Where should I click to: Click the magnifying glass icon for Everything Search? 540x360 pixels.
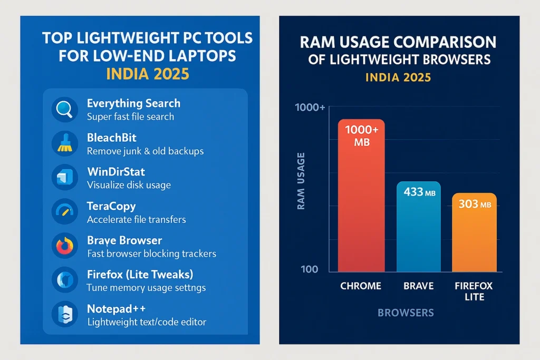point(65,109)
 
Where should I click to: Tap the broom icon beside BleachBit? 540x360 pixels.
point(65,143)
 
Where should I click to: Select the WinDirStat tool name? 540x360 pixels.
point(115,172)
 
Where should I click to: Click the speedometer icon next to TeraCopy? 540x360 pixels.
point(65,212)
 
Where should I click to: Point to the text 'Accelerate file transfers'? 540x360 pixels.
point(136,219)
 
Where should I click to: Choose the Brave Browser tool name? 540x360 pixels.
point(124,240)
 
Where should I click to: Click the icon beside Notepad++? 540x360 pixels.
point(65,315)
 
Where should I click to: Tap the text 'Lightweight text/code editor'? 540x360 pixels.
point(146,322)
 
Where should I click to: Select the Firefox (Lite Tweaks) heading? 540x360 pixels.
point(140,275)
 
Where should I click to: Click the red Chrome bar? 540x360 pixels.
point(361,211)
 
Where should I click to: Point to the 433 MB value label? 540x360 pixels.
point(418,193)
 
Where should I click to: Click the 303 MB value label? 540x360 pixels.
point(474,204)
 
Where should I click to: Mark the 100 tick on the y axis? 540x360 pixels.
point(310,269)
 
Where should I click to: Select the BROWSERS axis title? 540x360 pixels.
point(406,313)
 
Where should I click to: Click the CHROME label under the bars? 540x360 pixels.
point(361,286)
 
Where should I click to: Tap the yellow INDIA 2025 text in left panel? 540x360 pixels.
point(147,74)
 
